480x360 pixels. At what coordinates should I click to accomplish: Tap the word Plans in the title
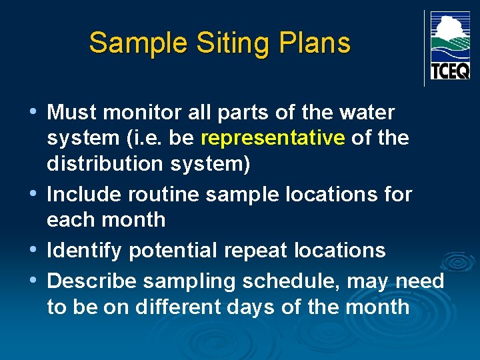pyautogui.click(x=309, y=43)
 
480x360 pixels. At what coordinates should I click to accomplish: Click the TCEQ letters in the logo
pyautogui.click(x=450, y=71)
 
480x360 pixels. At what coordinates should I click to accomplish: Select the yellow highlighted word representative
pyautogui.click(x=273, y=138)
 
